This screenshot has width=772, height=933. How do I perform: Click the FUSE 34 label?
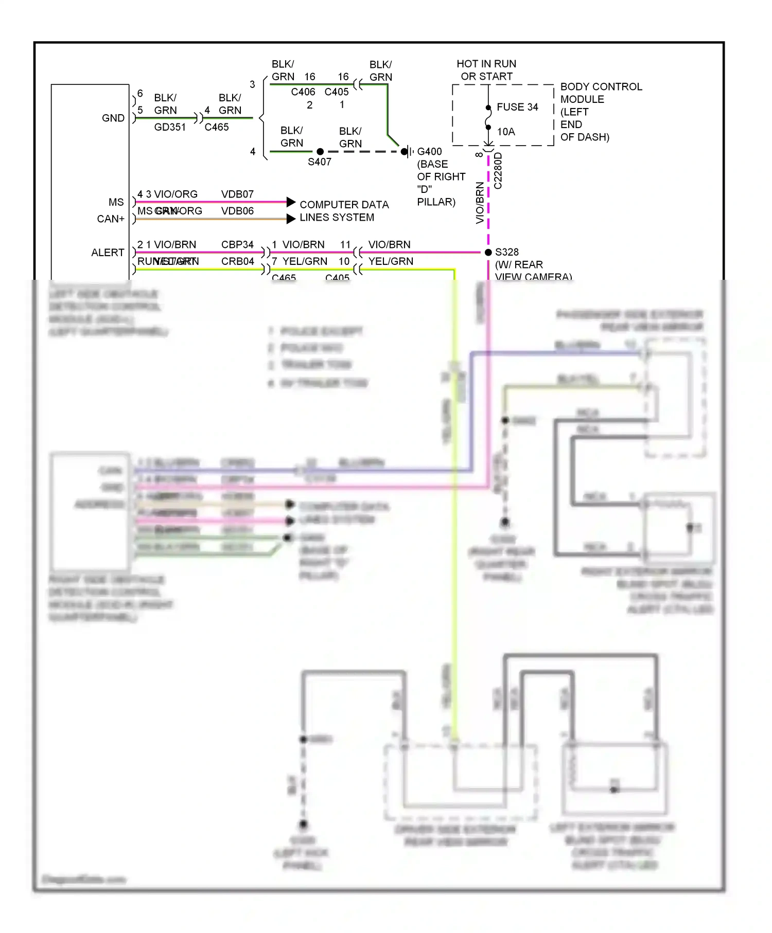[x=517, y=107]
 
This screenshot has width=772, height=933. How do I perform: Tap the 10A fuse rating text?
[x=505, y=132]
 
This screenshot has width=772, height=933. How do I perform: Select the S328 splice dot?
[x=488, y=252]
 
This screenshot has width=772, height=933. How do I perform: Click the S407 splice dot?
[x=320, y=152]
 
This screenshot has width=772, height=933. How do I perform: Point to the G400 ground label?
[x=429, y=152]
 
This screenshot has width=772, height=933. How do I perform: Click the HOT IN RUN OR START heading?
[x=486, y=70]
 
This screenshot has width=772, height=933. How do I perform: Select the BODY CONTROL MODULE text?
[x=601, y=93]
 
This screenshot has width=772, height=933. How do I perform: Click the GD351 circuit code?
[x=170, y=127]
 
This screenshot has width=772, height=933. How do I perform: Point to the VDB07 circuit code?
[x=237, y=194]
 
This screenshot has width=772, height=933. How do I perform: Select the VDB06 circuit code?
[x=237, y=211]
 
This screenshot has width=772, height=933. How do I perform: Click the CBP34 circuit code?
[x=237, y=244]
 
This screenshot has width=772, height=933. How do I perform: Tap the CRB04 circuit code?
[x=237, y=261]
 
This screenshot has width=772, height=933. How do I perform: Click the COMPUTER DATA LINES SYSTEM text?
[x=344, y=211]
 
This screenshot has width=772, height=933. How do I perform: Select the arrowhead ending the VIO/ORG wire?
[x=291, y=202]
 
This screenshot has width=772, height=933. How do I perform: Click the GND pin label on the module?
[x=113, y=118]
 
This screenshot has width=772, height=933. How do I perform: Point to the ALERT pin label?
[x=108, y=253]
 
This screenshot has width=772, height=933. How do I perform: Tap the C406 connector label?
[x=303, y=92]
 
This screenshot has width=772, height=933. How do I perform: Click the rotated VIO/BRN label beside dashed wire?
[x=480, y=203]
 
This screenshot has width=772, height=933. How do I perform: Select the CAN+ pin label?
[x=111, y=219]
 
